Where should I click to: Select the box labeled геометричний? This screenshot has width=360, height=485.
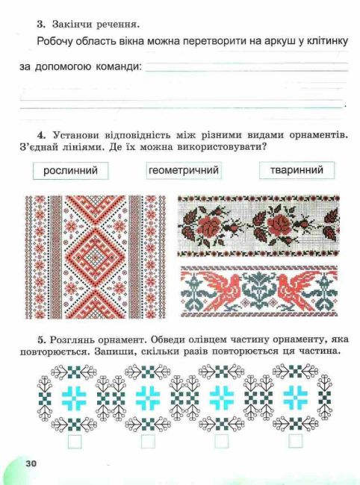pos(183,172)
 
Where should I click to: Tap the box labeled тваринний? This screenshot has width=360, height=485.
pos(297,171)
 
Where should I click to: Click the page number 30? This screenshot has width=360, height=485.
pos(31,463)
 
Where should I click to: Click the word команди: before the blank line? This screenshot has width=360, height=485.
pos(117,67)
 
